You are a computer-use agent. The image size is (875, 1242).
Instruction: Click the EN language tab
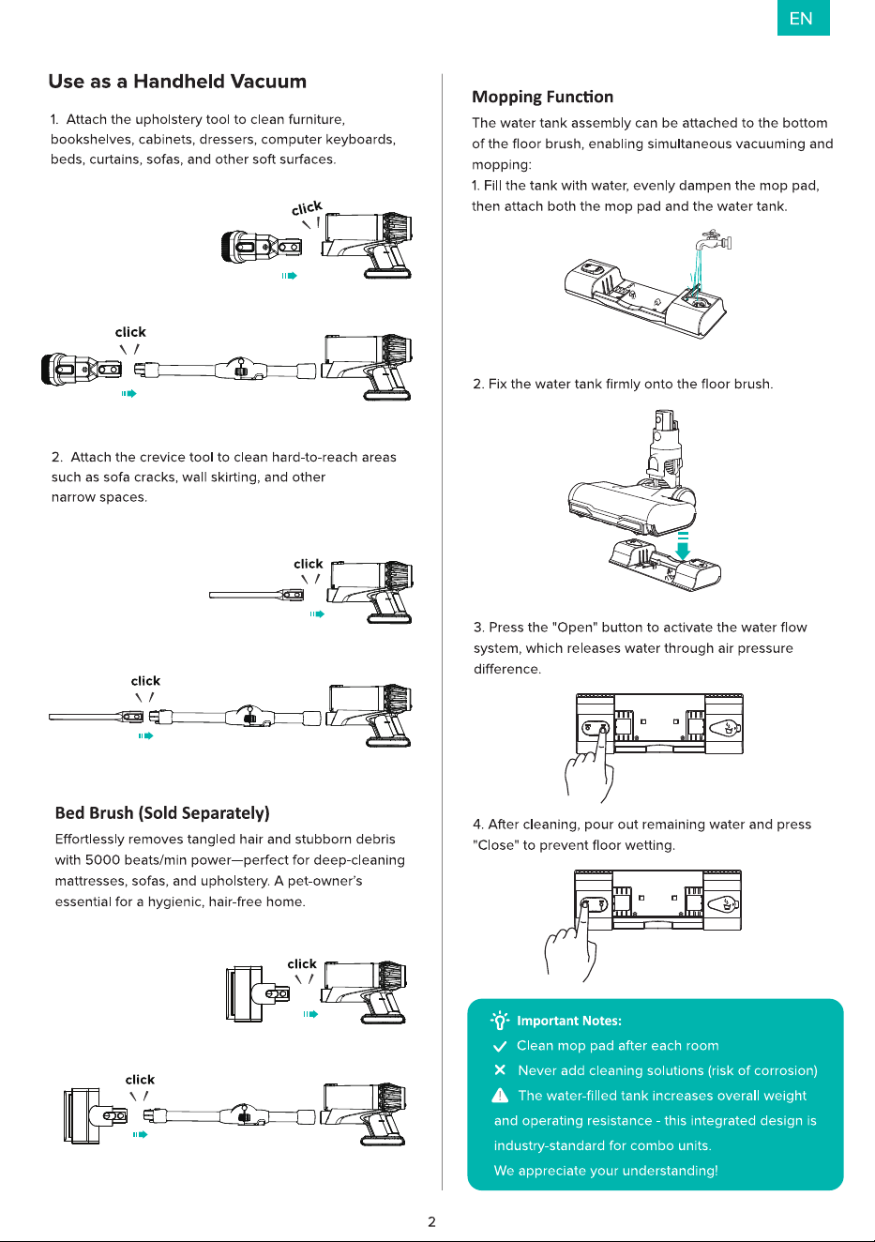pos(803,18)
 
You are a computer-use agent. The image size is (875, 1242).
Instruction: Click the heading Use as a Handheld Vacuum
pos(177,82)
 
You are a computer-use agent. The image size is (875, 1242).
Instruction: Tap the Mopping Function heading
pos(542,97)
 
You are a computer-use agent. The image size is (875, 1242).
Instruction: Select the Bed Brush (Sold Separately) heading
pos(162,813)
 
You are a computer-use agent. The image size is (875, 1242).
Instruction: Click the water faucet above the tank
pos(715,241)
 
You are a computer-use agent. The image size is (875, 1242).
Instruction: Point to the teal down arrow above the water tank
pos(683,546)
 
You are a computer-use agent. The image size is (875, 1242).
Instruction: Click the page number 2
pos(431,1222)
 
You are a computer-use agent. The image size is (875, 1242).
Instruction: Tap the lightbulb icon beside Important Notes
pos(500,1021)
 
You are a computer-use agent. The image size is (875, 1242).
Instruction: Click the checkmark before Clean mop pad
pos(500,1046)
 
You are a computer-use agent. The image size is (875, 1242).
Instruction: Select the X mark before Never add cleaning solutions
pos(500,1070)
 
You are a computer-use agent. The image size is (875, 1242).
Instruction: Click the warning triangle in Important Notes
pos(500,1095)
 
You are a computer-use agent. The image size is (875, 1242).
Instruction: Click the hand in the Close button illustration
pos(572,943)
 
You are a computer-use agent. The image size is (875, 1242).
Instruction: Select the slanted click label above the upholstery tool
pos(307,208)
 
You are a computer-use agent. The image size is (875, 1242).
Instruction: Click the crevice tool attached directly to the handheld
pos(256,595)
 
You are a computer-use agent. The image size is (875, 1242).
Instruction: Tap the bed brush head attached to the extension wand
pos(96,1115)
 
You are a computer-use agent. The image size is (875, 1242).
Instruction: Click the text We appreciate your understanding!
pos(606,1170)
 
